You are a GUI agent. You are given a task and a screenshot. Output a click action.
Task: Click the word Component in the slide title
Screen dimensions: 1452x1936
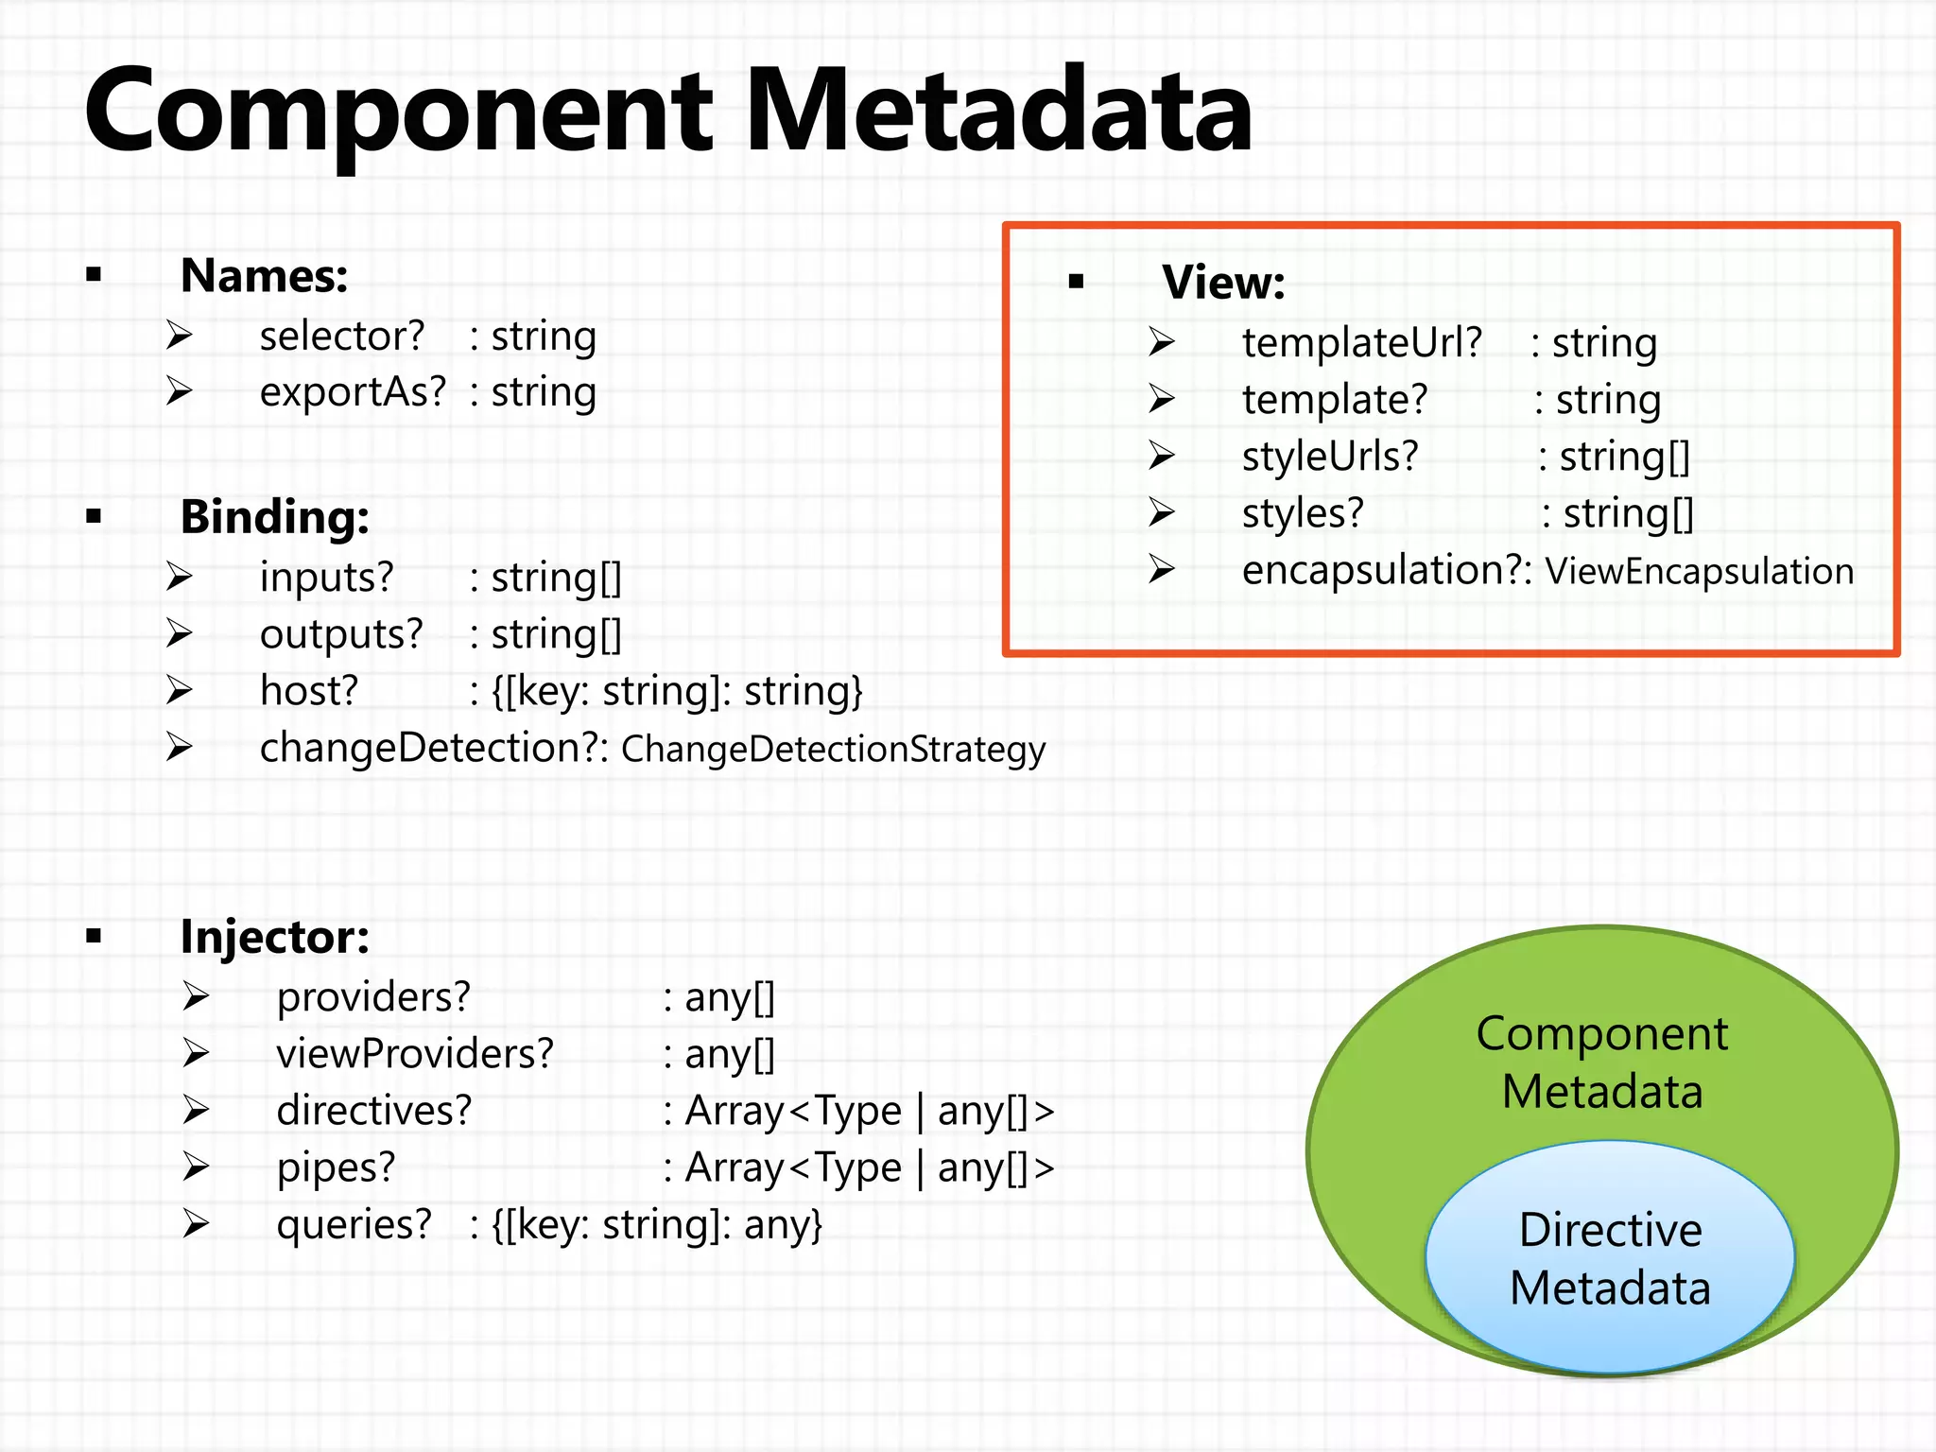point(397,112)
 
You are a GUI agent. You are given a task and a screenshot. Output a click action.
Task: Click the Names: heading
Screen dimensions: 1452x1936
point(264,276)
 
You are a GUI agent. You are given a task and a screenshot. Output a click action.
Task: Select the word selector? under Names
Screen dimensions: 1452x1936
point(342,337)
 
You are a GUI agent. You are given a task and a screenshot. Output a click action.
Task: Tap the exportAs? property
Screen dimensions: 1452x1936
point(353,392)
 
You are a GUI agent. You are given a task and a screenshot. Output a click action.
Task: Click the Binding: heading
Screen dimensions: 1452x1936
point(274,517)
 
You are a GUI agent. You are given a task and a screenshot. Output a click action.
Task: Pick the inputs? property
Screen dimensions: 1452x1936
point(326,578)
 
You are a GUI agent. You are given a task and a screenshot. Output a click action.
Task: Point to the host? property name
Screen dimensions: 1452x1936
point(309,691)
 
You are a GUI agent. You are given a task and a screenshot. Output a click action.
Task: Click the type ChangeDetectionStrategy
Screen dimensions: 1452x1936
point(833,750)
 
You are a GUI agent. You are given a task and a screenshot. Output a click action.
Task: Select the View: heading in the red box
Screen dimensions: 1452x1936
point(1223,283)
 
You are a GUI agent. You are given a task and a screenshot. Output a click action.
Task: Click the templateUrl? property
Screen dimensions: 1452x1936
point(1361,343)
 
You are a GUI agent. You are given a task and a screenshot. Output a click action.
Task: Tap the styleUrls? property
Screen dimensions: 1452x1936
point(1330,457)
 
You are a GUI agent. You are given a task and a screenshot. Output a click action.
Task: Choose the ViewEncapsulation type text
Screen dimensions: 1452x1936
point(1699,572)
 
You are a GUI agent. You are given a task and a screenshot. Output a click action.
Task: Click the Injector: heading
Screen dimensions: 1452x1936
point(274,937)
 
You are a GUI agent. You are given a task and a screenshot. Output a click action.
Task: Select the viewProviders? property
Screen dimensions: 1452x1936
point(414,1054)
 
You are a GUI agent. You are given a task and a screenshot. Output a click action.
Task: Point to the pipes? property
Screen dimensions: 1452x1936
point(336,1167)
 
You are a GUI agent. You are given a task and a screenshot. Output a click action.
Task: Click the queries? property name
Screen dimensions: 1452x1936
point(354,1225)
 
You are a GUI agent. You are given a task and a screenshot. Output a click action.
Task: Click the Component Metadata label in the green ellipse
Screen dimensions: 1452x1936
point(1601,1063)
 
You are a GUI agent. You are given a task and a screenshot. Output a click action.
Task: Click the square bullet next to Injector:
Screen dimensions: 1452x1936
point(93,937)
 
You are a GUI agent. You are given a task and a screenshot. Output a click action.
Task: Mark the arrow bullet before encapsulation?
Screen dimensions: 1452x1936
point(1162,569)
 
